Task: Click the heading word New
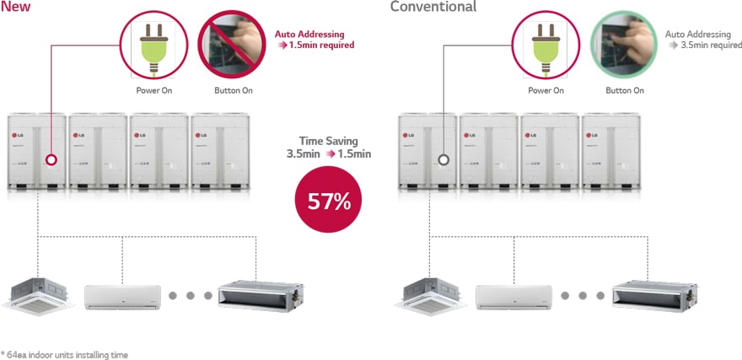pos(15,7)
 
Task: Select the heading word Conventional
pos(433,7)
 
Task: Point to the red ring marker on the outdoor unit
pos(52,159)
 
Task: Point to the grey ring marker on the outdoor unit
pos(444,159)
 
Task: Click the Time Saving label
pos(328,142)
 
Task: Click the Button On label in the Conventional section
pos(625,90)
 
